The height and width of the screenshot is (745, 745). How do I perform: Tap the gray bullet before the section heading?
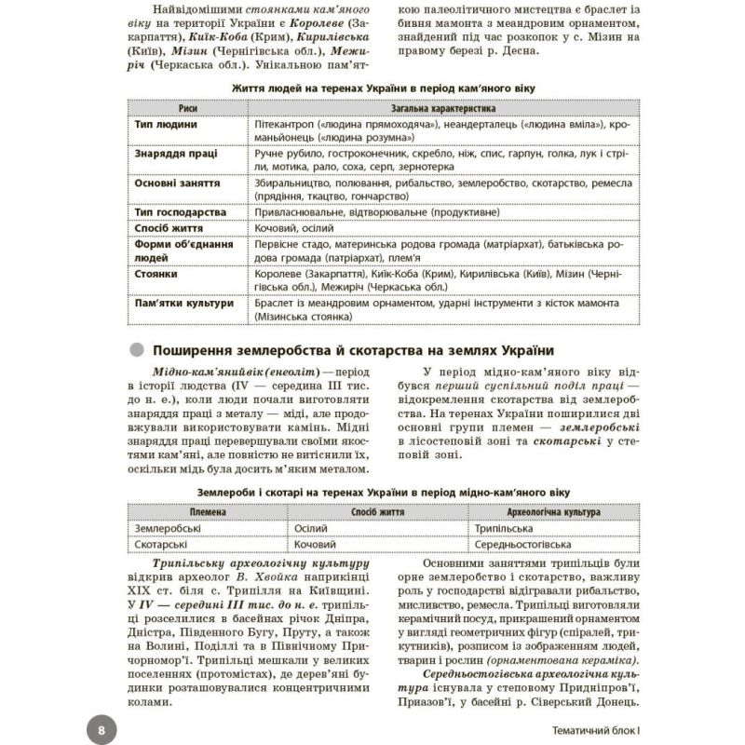point(138,351)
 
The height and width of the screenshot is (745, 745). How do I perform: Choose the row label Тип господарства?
point(180,211)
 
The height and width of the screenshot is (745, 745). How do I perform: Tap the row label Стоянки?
point(156,275)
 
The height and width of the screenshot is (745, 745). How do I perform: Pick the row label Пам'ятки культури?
point(182,304)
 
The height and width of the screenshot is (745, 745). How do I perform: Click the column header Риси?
point(187,108)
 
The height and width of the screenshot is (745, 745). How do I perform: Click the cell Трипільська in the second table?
point(503,527)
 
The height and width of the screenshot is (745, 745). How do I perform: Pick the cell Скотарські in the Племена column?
point(166,543)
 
